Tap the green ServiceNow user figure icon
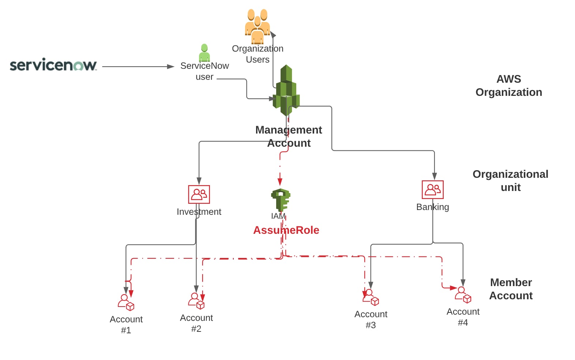click(204, 53)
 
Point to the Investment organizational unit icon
click(199, 194)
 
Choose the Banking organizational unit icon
click(433, 190)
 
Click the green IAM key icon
click(281, 200)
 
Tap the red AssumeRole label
click(286, 230)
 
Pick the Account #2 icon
click(196, 301)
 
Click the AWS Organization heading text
click(508, 86)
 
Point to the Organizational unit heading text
click(510, 181)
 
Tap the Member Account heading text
click(511, 289)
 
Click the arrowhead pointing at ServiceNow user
click(170, 67)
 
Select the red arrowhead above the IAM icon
click(280, 182)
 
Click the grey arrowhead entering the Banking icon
click(435, 176)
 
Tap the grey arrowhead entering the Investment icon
click(199, 181)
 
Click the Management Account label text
click(289, 136)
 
